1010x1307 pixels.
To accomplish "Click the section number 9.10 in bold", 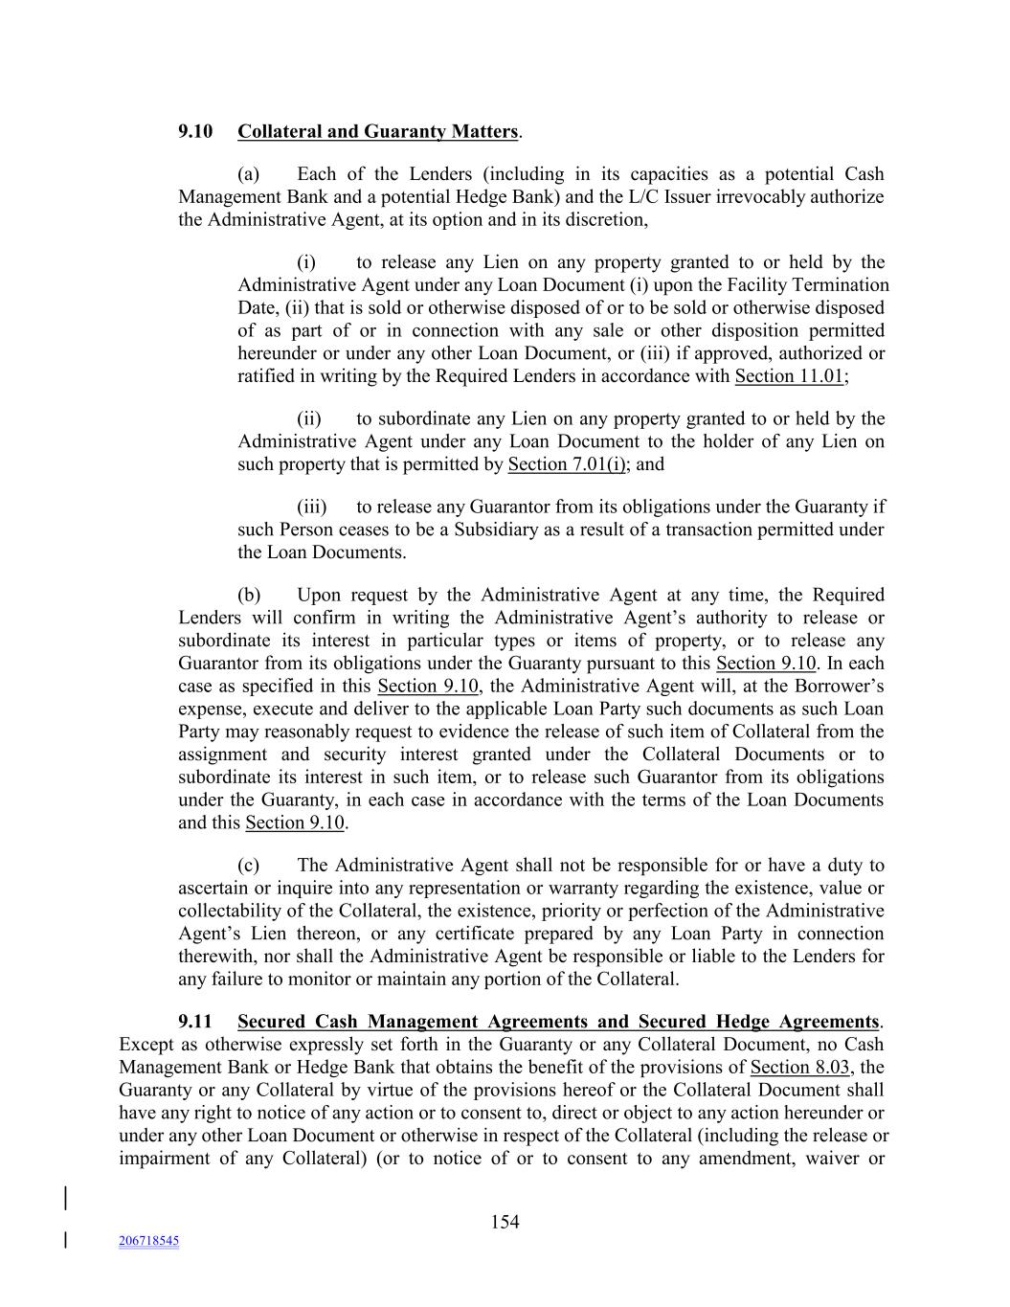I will [195, 131].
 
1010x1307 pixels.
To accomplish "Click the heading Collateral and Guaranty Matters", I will [378, 131].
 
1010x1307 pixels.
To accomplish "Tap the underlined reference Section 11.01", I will [790, 376].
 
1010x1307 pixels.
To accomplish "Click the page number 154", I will [505, 1222].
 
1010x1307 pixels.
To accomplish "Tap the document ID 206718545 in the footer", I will [148, 1241].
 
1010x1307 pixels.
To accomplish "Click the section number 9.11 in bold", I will [195, 1022].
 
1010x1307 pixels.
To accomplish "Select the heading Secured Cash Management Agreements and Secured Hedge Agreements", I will [558, 1022].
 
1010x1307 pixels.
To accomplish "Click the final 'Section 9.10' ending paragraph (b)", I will [295, 823].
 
